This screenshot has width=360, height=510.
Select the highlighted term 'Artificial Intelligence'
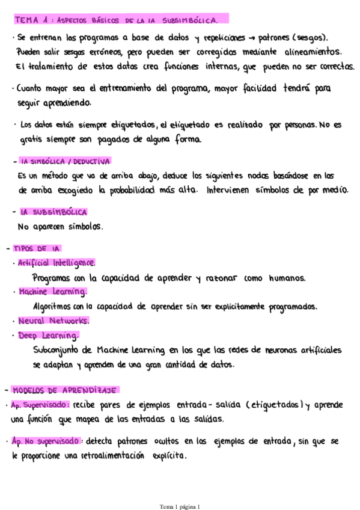tap(56, 263)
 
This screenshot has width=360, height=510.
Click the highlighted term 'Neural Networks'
tap(53, 321)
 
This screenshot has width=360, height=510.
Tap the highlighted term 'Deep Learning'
tap(48, 335)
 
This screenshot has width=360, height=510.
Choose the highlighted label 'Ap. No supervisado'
tap(47, 441)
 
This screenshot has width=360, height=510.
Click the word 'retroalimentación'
tap(111, 456)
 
